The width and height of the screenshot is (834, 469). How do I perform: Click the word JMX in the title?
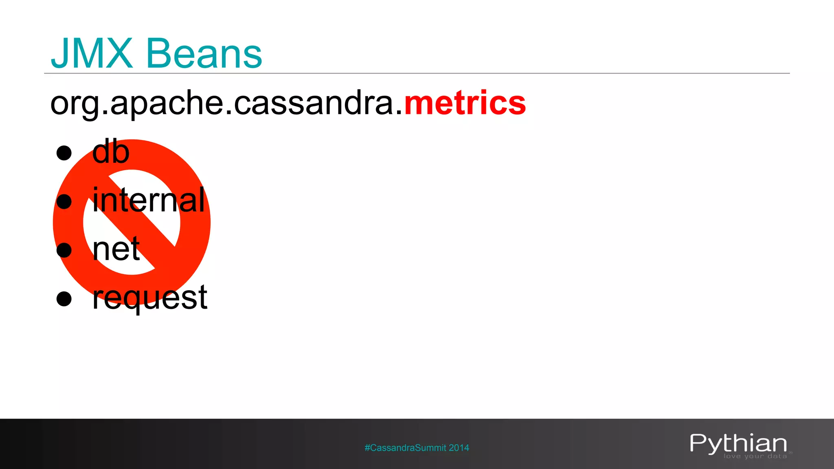(92, 53)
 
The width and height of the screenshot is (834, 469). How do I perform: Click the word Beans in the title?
(204, 54)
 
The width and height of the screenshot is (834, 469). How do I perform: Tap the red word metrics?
(465, 103)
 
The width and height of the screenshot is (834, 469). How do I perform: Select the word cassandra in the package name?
(314, 103)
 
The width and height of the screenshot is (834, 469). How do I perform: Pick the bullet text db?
(111, 151)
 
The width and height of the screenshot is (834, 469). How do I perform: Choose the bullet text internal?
(149, 200)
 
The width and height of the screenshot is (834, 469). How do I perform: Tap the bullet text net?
(116, 249)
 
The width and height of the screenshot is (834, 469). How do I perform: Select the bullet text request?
(150, 298)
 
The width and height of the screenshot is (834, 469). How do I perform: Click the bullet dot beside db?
(64, 153)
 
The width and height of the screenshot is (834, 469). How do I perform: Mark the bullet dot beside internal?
(64, 202)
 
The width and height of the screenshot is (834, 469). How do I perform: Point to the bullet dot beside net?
(64, 250)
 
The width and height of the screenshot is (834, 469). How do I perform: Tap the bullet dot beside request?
(64, 298)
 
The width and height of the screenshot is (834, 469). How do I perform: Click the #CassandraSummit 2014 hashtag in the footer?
(417, 448)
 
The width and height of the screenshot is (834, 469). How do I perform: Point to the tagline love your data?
(755, 456)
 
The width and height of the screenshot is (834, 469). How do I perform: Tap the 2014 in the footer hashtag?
(459, 448)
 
